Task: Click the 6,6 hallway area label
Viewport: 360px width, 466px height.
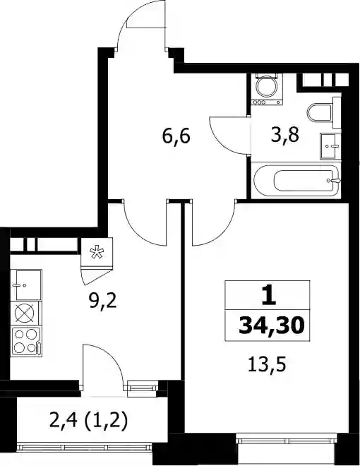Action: (x=176, y=137)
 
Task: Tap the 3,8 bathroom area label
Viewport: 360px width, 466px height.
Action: (x=284, y=135)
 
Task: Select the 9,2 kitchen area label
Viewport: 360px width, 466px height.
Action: (x=102, y=302)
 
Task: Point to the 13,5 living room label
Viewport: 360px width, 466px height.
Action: (x=267, y=364)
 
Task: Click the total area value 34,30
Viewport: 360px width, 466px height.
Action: (x=272, y=325)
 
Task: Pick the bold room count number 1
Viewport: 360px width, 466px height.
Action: (x=269, y=297)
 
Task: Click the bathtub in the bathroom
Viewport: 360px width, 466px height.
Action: (x=296, y=180)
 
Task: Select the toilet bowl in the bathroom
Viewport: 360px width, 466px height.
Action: (x=320, y=113)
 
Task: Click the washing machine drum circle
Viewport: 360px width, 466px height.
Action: (x=266, y=87)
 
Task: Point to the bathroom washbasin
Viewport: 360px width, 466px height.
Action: (x=329, y=147)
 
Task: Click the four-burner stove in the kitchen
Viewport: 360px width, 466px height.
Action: (x=26, y=342)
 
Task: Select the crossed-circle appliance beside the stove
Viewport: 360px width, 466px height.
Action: (x=25, y=313)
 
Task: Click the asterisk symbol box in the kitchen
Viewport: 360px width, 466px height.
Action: (x=97, y=253)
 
